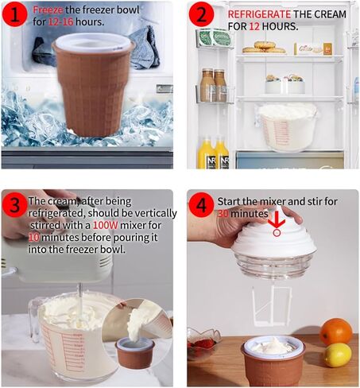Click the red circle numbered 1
14,14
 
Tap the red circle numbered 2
202,14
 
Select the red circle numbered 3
14,205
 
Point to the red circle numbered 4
202,205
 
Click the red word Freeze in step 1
48,10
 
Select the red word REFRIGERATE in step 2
259,14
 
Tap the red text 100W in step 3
106,226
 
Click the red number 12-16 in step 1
60,22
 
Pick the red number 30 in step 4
223,214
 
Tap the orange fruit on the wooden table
336,332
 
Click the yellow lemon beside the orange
338,355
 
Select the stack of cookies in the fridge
264,48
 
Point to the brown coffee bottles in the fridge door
213,85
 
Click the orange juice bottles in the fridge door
213,153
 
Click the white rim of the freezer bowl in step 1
93,42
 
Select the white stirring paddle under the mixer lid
271,305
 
